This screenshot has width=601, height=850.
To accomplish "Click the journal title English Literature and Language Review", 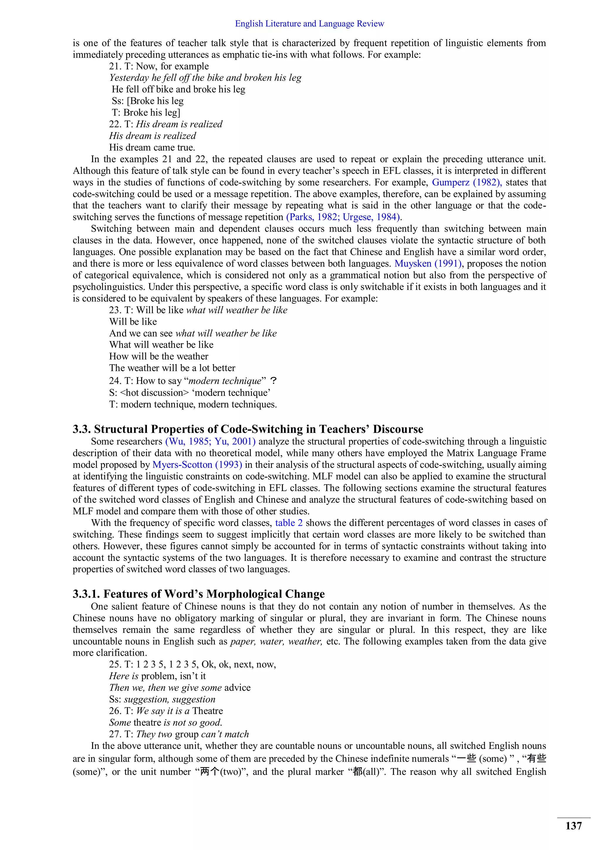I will pos(309,24).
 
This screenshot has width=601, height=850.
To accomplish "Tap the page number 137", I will pos(573,826).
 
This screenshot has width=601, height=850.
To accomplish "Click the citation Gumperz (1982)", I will pos(466,183).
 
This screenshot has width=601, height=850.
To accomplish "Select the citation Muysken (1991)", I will pos(428,264).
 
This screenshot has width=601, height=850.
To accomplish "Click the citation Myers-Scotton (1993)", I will pos(197,465).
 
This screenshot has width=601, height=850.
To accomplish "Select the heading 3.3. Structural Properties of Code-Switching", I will pos(248,429).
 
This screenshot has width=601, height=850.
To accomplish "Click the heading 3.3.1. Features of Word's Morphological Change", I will pos(198,594).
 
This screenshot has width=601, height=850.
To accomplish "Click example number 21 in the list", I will pos(115,66).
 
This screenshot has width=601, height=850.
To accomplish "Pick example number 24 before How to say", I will pos(115,381).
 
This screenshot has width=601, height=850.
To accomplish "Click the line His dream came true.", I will pos(152,147).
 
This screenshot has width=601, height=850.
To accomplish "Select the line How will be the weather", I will pos(158,356).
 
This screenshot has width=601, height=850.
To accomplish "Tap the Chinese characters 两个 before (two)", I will pos(210,772).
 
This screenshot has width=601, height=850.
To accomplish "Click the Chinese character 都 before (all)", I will pos(357,772).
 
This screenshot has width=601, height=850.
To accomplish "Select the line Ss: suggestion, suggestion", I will pos(162,699).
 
